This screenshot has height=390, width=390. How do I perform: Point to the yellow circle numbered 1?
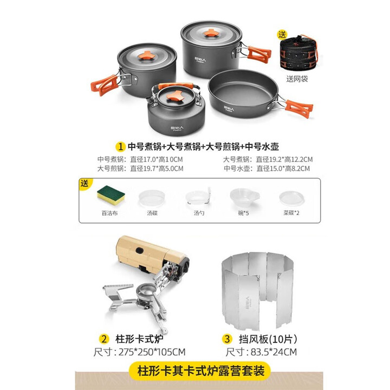(x=121, y=146)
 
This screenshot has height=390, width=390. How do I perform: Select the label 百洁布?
(x=108, y=213)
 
